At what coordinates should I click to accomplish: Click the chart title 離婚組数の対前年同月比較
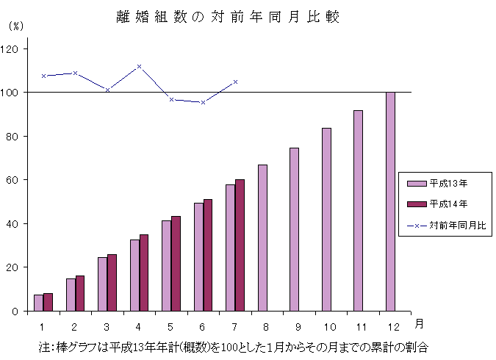pos(227,17)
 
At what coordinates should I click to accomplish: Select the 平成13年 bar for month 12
pos(390,201)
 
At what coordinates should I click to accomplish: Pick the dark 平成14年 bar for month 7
pos(240,245)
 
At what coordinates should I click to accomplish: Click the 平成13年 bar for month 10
pos(326,219)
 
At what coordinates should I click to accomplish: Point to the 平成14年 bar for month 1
pos(48,302)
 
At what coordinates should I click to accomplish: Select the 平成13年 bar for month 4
pos(134,275)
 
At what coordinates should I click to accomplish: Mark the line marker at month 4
pos(139,66)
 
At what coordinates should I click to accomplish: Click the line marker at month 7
pos(235,82)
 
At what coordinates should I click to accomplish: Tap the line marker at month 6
pos(203,102)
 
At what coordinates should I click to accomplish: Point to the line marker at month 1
pos(43,76)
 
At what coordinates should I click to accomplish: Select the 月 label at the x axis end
pos(418,323)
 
